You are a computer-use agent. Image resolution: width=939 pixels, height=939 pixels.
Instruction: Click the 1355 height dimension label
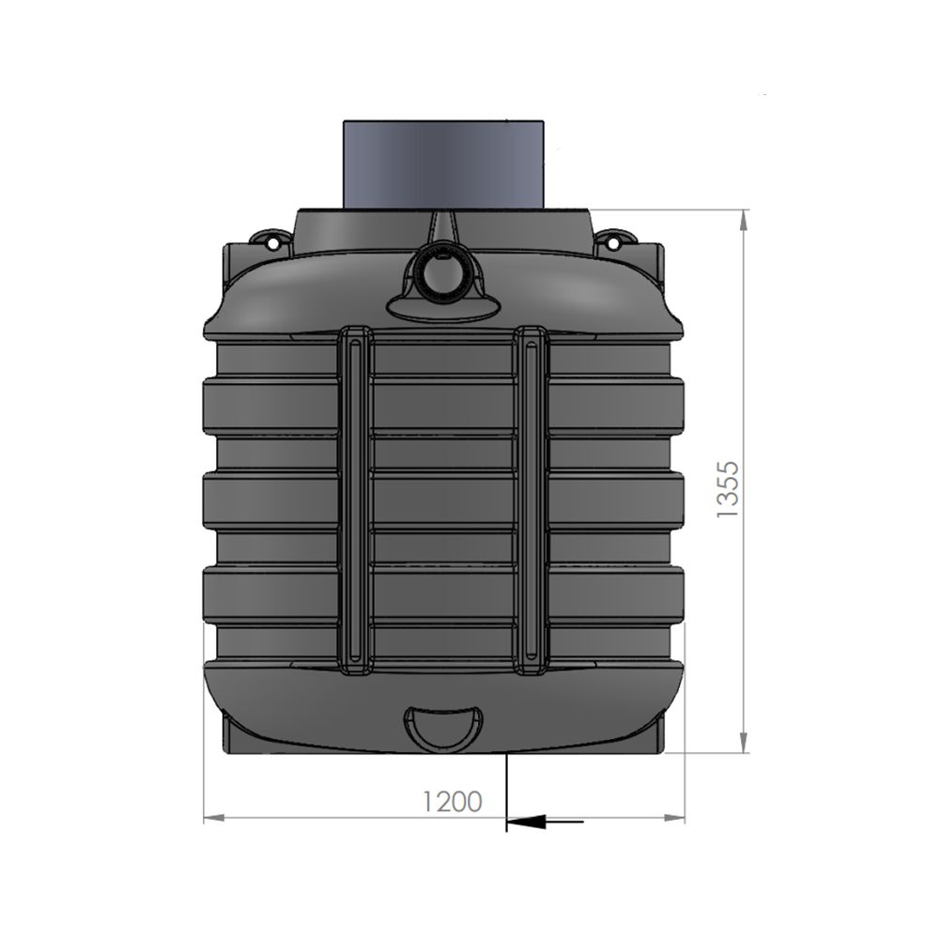[729, 489]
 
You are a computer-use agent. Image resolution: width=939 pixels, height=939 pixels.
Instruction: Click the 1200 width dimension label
[453, 802]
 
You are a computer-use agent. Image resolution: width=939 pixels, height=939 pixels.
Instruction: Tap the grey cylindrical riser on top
[443, 164]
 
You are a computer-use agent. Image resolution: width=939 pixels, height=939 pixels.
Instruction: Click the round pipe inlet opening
[442, 273]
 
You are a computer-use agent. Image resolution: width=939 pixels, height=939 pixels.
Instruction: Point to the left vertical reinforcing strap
[355, 500]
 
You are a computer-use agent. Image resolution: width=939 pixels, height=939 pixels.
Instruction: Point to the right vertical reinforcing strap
[531, 500]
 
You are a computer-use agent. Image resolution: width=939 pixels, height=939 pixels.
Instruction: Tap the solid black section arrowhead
[527, 822]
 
